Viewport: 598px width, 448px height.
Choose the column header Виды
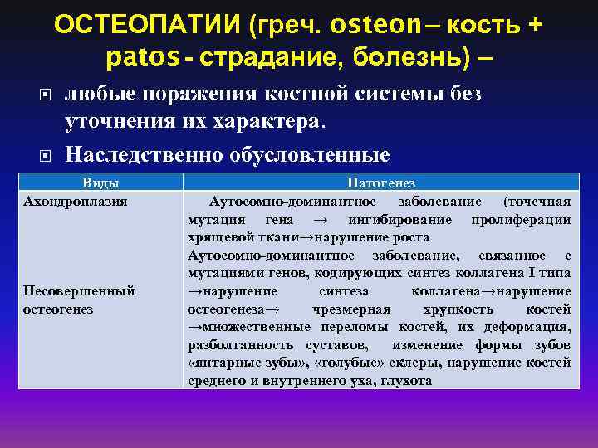point(100,183)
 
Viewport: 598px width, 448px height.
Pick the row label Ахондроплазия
point(76,201)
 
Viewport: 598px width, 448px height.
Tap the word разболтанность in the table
point(236,344)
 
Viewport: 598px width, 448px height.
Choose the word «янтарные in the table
point(219,363)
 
